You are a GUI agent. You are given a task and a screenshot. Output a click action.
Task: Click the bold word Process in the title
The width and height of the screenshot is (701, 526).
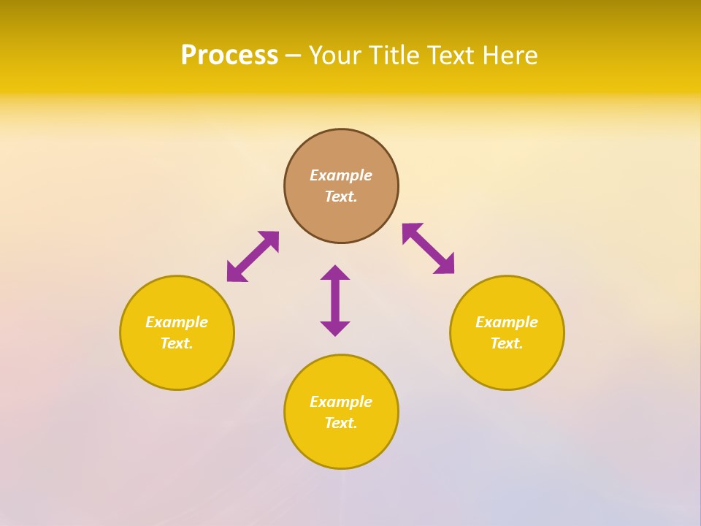pyautogui.click(x=229, y=56)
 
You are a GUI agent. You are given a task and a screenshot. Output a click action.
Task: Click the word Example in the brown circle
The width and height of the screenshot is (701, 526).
pyautogui.click(x=341, y=175)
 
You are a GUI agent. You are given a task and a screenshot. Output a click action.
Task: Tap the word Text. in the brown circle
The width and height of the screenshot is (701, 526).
pyautogui.click(x=341, y=197)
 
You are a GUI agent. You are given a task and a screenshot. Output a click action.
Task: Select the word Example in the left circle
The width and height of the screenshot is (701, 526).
pyautogui.click(x=177, y=322)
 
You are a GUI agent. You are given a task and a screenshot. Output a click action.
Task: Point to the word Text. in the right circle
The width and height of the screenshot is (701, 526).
pyautogui.click(x=507, y=343)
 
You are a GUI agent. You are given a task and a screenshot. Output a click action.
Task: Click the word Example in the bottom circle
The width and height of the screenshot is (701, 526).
pyautogui.click(x=341, y=402)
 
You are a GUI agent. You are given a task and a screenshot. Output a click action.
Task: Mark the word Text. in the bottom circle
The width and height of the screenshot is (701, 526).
pyautogui.click(x=341, y=423)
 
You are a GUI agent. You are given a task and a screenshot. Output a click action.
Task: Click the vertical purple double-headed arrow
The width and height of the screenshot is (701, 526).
pyautogui.click(x=335, y=300)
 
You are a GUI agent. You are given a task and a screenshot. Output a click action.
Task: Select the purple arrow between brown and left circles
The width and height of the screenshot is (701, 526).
pyautogui.click(x=253, y=256)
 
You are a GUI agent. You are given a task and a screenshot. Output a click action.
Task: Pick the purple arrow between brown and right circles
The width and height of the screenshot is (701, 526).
pyautogui.click(x=428, y=248)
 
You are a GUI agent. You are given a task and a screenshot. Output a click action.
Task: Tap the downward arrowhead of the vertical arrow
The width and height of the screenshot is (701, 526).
pyautogui.click(x=335, y=329)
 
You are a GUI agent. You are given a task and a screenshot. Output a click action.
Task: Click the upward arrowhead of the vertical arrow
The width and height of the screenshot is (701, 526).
pyautogui.click(x=335, y=272)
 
